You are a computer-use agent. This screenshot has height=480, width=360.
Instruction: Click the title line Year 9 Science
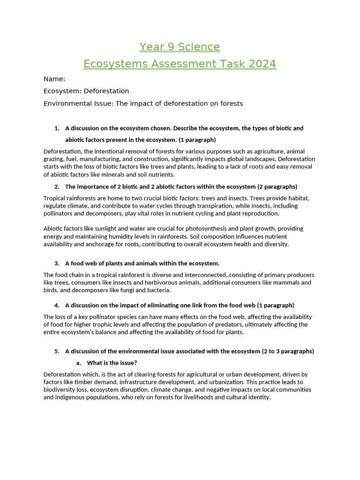coord(180,47)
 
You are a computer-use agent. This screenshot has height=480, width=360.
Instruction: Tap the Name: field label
coord(54,79)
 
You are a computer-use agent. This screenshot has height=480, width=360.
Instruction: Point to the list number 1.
coord(57,128)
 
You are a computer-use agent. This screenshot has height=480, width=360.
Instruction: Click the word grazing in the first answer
coord(55,159)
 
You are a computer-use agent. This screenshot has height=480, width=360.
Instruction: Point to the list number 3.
coord(57,263)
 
